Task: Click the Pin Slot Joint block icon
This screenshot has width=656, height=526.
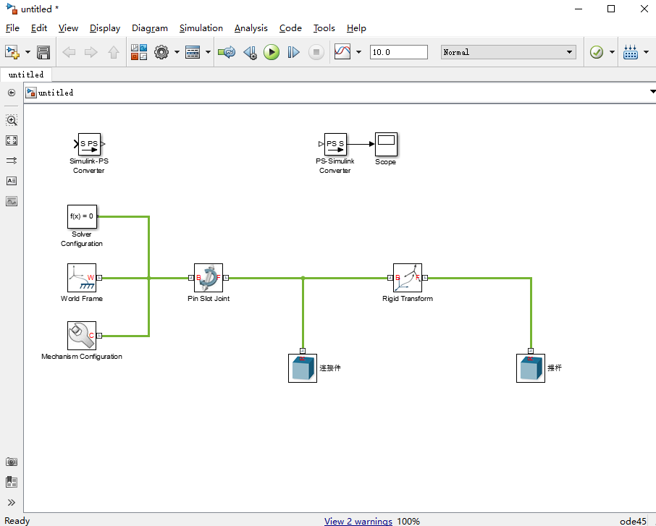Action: (209, 277)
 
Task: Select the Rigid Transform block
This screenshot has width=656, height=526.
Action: (407, 277)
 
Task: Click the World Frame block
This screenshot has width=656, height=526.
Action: (81, 277)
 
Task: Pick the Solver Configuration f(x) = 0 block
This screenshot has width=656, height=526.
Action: (81, 216)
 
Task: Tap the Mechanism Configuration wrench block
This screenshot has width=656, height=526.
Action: (81, 335)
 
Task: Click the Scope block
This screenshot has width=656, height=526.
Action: (386, 144)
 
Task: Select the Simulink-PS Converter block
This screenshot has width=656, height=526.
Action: (89, 144)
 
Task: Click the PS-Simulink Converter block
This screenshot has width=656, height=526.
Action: (335, 144)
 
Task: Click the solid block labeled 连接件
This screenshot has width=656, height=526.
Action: (302, 368)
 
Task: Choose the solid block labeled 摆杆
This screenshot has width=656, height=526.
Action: (530, 368)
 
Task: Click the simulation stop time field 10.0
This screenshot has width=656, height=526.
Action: (398, 52)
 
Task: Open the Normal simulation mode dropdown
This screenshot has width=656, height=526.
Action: (508, 52)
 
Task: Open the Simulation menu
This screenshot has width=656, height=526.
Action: (201, 28)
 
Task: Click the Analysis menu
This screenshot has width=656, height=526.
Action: (251, 28)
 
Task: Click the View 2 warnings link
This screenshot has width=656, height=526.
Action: (358, 521)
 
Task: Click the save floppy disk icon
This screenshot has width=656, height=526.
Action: (43, 52)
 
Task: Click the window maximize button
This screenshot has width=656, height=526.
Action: (611, 9)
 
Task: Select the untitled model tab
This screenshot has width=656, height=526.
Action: (26, 75)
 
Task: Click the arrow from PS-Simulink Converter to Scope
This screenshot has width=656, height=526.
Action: (360, 144)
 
